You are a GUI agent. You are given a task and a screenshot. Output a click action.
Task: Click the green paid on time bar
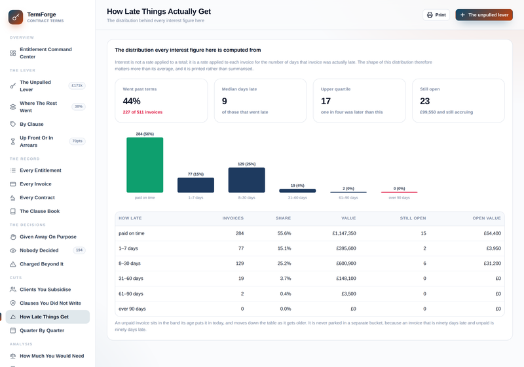pos(145,164)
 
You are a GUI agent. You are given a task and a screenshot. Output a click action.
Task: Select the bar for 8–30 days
pos(247,180)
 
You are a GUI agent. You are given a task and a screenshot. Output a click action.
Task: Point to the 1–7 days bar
pos(196,185)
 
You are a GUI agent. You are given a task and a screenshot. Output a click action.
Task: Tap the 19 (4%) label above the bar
pos(297,185)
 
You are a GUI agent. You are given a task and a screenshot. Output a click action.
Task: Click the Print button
pos(436,14)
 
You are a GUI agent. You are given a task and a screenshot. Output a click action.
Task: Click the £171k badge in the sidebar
pos(77,86)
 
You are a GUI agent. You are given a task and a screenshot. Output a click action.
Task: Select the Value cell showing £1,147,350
pos(344,233)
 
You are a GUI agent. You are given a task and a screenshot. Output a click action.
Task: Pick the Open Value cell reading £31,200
pos(493,263)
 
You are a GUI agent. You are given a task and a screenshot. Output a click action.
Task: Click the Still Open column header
pos(413,218)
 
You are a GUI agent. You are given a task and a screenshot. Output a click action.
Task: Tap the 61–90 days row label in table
pos(130,294)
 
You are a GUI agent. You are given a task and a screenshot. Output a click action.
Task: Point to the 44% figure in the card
pos(132,101)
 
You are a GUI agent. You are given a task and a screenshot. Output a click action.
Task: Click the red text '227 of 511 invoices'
pos(142,112)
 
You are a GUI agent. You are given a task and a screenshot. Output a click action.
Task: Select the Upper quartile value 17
pos(326,101)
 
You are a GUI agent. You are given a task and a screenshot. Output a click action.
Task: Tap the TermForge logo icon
pos(16,17)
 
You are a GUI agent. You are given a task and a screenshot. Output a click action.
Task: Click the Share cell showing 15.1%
pos(284,248)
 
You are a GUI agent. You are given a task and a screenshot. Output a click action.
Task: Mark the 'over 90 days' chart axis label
pos(399,198)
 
